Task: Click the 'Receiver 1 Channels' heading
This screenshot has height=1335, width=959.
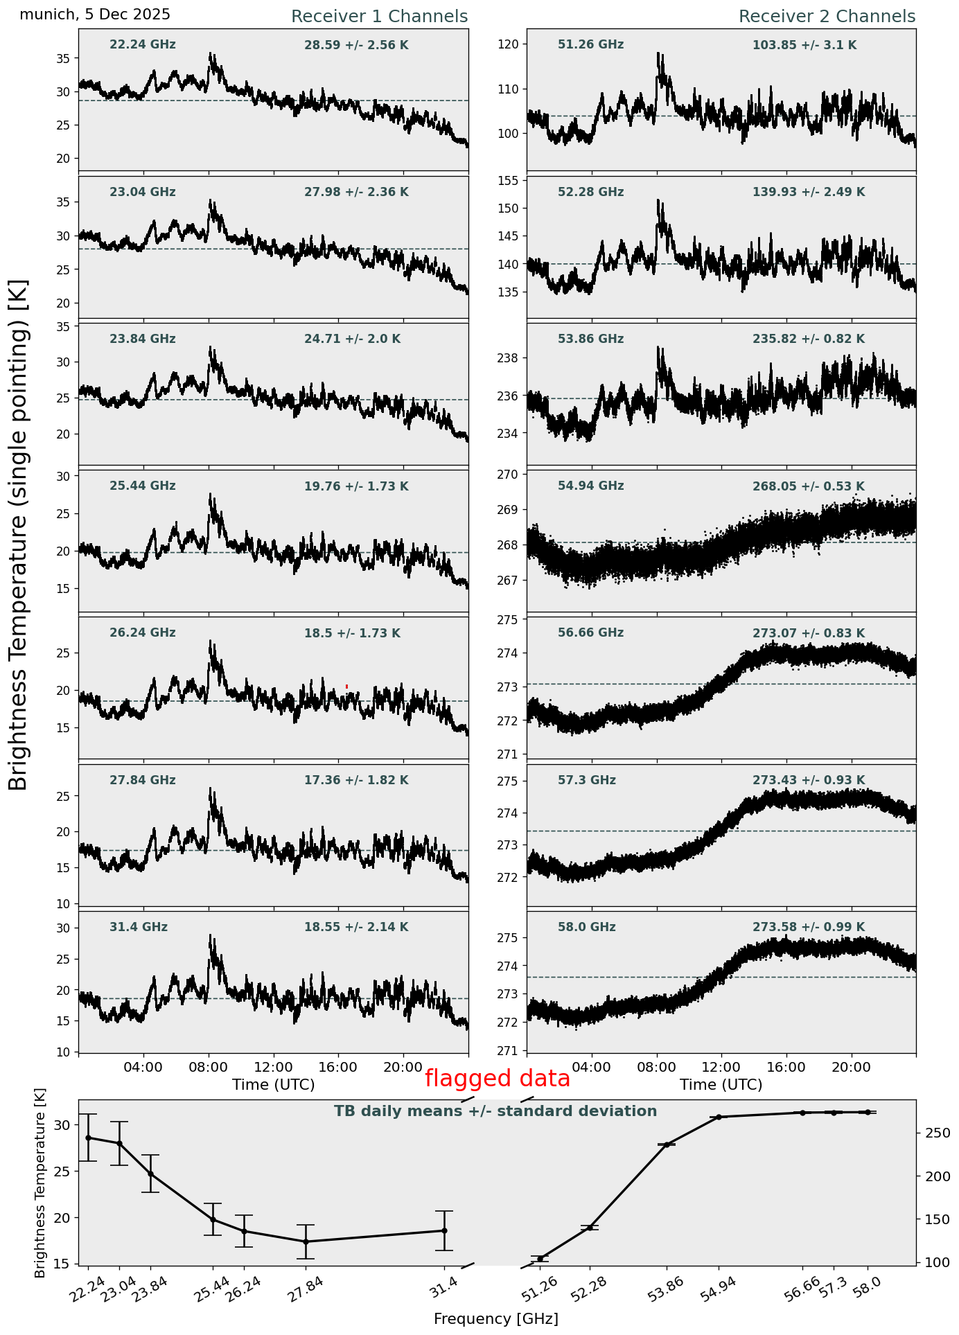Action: [x=379, y=17]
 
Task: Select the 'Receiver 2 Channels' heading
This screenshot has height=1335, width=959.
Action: [x=827, y=17]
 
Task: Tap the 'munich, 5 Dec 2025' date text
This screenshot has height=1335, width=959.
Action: [x=95, y=15]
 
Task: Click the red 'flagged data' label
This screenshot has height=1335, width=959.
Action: [x=497, y=1079]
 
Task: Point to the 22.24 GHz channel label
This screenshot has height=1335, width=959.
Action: [x=143, y=45]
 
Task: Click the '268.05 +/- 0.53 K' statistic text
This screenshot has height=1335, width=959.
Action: [x=808, y=486]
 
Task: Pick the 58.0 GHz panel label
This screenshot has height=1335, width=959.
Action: [x=586, y=927]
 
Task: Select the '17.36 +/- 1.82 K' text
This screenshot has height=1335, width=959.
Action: [x=356, y=780]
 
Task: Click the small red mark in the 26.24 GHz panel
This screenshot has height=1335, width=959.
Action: [x=346, y=687]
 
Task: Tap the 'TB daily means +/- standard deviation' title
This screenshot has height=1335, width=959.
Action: [x=495, y=1111]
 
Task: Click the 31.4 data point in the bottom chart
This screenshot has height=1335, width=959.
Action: [x=444, y=1230]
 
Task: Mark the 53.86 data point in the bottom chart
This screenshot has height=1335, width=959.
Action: [x=667, y=1144]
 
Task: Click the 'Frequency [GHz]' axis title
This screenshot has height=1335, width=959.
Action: [x=495, y=1319]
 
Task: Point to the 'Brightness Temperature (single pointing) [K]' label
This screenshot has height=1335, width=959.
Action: [x=19, y=534]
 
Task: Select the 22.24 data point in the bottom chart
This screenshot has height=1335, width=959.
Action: [x=88, y=1138]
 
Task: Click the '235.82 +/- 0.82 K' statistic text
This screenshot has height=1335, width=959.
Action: [x=808, y=339]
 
